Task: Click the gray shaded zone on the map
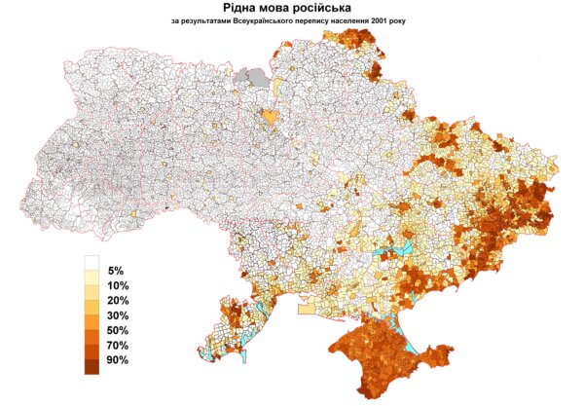(x=257, y=76)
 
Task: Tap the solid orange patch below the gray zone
(x=271, y=115)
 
